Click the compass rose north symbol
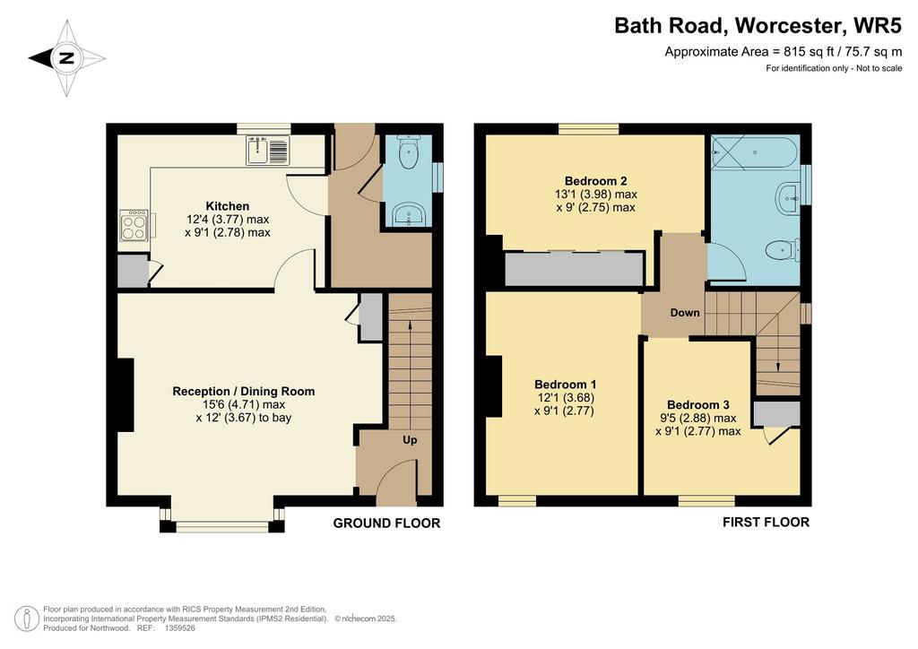pos(66,58)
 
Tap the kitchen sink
pos(267,150)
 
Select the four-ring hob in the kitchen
pos(134,225)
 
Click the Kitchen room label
pos(227,206)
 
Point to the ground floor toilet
pos(408,151)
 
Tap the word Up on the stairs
pos(410,439)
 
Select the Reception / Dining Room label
pos(244,391)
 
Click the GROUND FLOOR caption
pos(386,524)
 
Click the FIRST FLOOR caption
pos(766,522)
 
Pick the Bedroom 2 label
pos(595,181)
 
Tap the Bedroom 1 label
pos(565,385)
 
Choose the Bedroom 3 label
pos(697,405)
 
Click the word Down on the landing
pos(685,313)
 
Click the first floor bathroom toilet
pos(783,250)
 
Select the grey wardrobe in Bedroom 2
pos(575,269)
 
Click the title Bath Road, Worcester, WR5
pos(758,26)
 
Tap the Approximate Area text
pos(784,51)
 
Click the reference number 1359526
pos(180,627)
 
